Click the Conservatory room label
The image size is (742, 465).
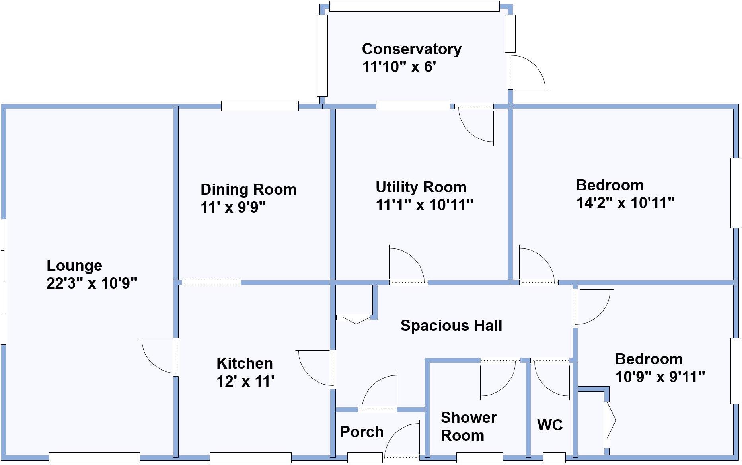pyautogui.click(x=411, y=49)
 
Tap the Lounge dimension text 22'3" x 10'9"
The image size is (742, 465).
pyautogui.click(x=92, y=283)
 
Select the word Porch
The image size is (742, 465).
pyautogui.click(x=362, y=432)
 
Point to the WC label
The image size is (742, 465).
pyautogui.click(x=550, y=425)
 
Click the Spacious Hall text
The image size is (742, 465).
pyautogui.click(x=451, y=326)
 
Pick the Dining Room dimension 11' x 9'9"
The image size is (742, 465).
pyautogui.click(x=233, y=207)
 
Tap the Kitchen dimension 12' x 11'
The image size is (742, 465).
pyautogui.click(x=245, y=381)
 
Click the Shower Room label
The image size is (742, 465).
pyautogui.click(x=468, y=426)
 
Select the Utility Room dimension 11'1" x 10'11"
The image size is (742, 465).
pyautogui.click(x=424, y=205)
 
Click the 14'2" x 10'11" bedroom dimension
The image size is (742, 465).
pyautogui.click(x=625, y=203)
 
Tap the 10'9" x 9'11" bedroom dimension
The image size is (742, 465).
pyautogui.click(x=660, y=377)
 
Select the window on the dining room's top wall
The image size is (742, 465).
pyautogui.click(x=260, y=106)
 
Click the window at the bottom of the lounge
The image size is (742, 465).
pyautogui.click(x=94, y=457)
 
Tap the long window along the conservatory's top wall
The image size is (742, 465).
pyautogui.click(x=414, y=6)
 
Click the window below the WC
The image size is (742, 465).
pyautogui.click(x=554, y=457)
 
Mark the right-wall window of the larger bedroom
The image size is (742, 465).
pyautogui.click(x=735, y=193)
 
